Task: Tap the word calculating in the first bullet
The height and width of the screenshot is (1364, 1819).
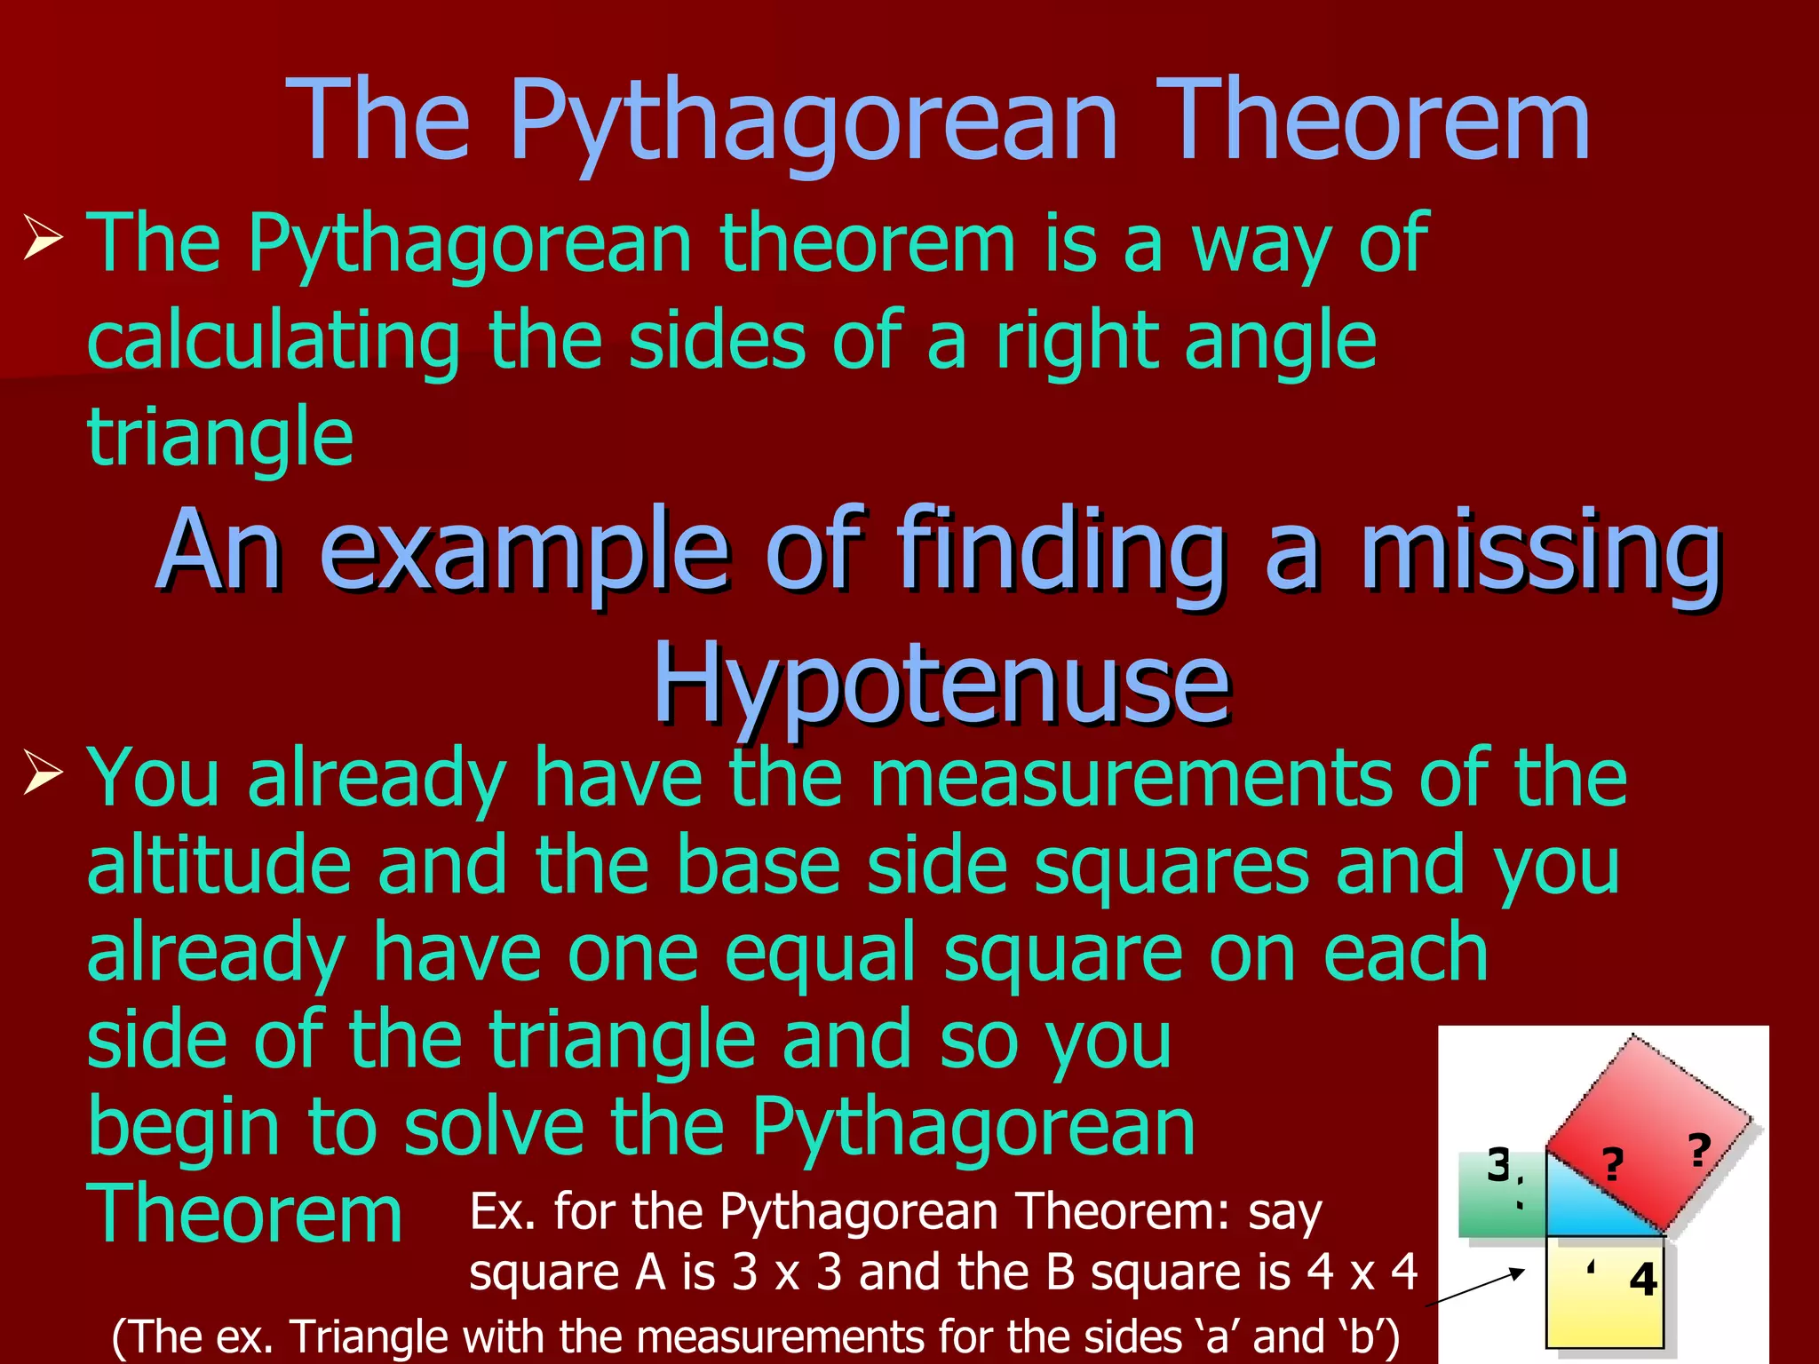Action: [274, 343]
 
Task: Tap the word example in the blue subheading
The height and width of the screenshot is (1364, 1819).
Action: [524, 552]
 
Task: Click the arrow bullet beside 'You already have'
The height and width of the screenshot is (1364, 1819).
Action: [44, 771]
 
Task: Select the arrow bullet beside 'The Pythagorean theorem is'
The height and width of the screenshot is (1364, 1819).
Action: [44, 238]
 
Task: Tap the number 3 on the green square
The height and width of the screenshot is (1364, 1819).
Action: [1499, 1165]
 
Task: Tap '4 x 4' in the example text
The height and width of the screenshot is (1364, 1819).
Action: [1362, 1272]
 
